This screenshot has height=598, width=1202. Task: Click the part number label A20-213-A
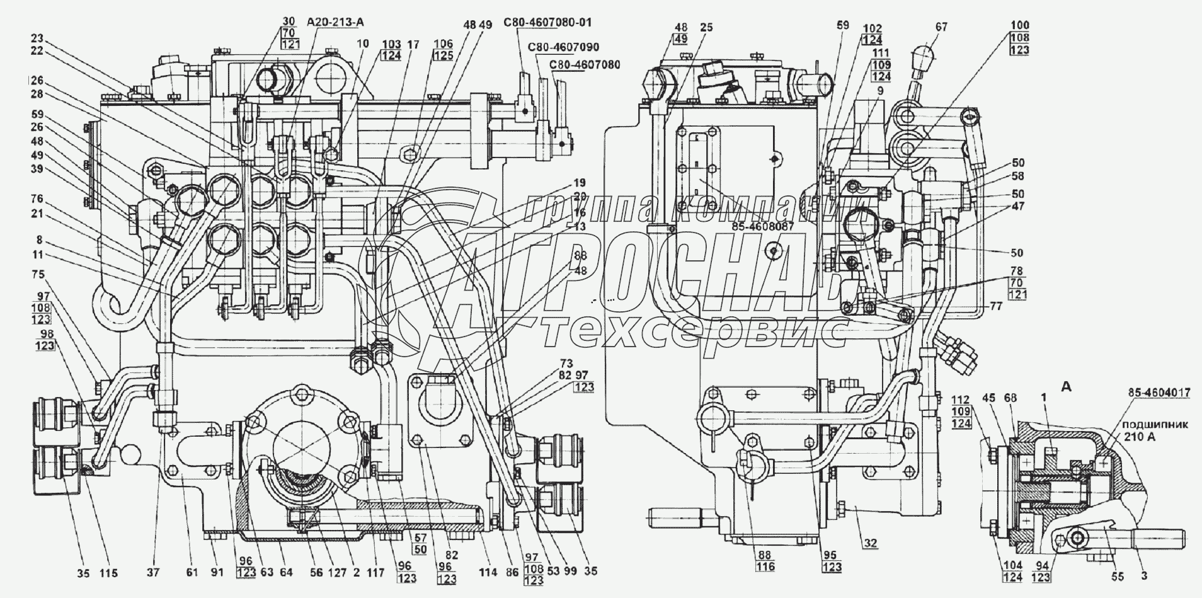336,23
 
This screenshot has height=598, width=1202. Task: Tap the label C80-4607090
564,47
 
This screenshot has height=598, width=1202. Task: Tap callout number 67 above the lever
941,27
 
